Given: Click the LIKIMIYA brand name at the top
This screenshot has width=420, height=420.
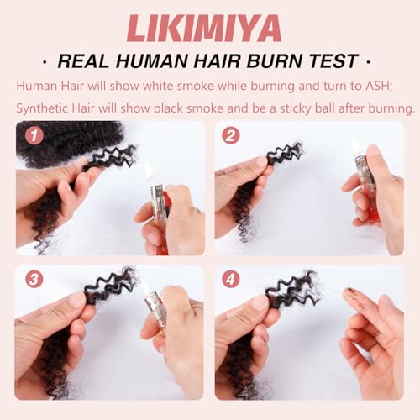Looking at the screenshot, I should coord(209,27).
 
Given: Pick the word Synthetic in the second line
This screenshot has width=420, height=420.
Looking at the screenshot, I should coord(44,108).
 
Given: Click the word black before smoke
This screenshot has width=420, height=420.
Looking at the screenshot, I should coord(176,108).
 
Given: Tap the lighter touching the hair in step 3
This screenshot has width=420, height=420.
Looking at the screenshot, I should coord(157,311).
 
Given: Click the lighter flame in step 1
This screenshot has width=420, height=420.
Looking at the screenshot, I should coord(150,171).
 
